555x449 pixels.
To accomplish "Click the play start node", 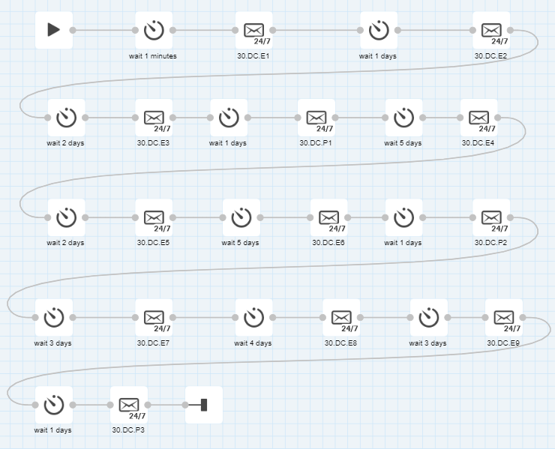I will pyautogui.click(x=53, y=30).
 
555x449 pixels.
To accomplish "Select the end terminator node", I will pyautogui.click(x=204, y=406).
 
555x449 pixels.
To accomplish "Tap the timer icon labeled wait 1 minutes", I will pyautogui.click(x=154, y=30).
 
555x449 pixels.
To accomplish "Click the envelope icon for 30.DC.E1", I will pyautogui.click(x=253, y=30).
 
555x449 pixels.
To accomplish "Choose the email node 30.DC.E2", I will pyautogui.click(x=491, y=30).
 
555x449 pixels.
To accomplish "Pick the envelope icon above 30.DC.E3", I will pyautogui.click(x=154, y=118).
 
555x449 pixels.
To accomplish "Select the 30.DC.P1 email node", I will pyautogui.click(x=316, y=118).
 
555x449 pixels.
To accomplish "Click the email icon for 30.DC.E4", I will pyautogui.click(x=478, y=118).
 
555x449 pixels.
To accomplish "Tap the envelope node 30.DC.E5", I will pyautogui.click(x=154, y=217).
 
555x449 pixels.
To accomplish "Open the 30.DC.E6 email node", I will pyautogui.click(x=328, y=217).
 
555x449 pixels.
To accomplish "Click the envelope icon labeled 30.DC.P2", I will pyautogui.click(x=491, y=217).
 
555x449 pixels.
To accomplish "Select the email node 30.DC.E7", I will pyautogui.click(x=154, y=318).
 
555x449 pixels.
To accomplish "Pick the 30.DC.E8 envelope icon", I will pyautogui.click(x=341, y=318).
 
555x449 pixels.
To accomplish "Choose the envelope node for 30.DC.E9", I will pyautogui.click(x=504, y=318).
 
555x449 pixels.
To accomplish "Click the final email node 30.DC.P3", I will pyautogui.click(x=129, y=406).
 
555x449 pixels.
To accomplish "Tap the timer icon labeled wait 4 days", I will pyautogui.click(x=253, y=318).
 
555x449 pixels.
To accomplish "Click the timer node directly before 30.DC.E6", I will pyautogui.click(x=241, y=217).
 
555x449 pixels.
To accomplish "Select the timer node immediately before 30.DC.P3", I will pyautogui.click(x=53, y=406).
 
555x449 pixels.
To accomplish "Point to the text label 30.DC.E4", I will pyautogui.click(x=478, y=142).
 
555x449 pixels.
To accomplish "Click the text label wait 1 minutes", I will pyautogui.click(x=153, y=55).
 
